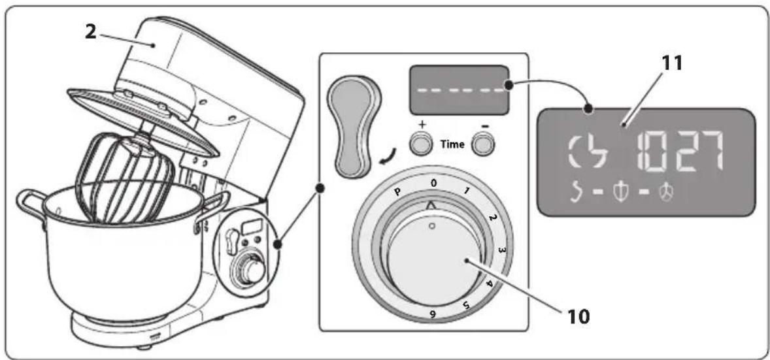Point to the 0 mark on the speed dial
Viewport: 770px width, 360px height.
433,183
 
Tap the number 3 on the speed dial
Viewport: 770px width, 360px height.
501,250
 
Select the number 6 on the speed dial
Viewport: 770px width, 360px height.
433,314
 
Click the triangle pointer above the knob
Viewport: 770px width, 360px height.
432,206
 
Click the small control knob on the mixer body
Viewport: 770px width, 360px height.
252,269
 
